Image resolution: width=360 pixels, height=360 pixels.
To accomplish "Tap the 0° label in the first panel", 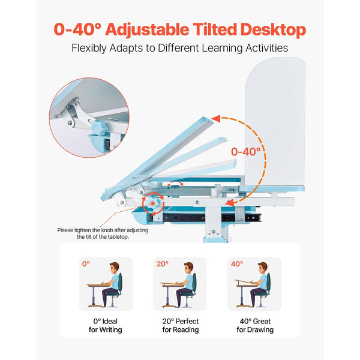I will [x=85, y=263].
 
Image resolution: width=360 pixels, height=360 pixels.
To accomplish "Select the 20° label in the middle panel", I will [x=163, y=263].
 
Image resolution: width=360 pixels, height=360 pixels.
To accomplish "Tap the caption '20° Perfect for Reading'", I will [x=179, y=325].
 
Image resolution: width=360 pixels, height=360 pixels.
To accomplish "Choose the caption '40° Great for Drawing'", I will [x=254, y=325].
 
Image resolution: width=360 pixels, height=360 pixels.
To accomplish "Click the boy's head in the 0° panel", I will [x=114, y=268].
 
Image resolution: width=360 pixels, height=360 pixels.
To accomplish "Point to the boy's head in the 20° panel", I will [x=188, y=268].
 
